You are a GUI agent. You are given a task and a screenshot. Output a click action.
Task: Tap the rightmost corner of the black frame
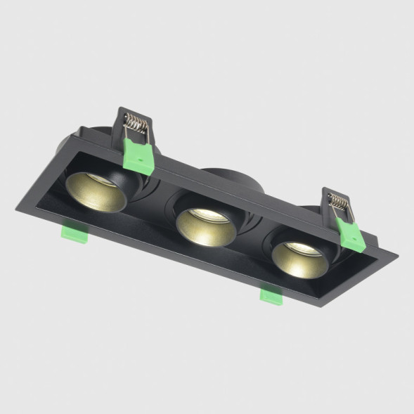(398, 252)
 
